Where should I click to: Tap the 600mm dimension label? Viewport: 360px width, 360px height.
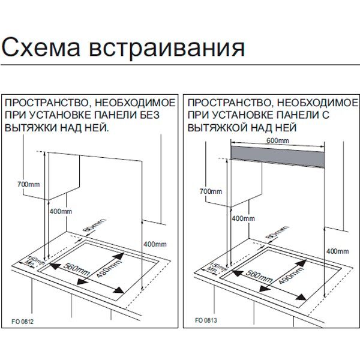pyautogui.click(x=277, y=140)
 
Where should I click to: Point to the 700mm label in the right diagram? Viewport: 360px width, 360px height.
pyautogui.click(x=210, y=191)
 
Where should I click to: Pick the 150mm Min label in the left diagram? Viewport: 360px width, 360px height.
pyautogui.click(x=28, y=262)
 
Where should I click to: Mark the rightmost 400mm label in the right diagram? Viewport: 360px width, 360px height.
pyautogui.click(x=337, y=251)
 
